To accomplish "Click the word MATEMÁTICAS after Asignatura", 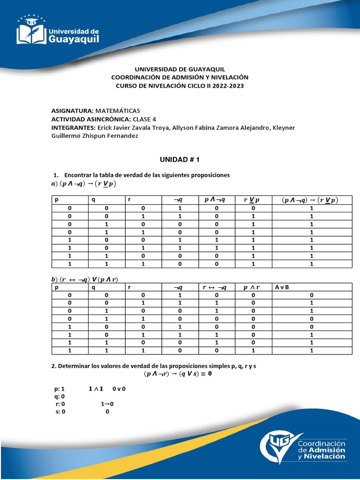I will coord(118,111).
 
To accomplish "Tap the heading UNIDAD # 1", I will coord(180,160).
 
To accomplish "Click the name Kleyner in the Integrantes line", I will coord(282,127).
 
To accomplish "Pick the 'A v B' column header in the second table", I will coord(283,287).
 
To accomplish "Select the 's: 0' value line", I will coord(60,412).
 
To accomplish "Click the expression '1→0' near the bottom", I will coord(107,404).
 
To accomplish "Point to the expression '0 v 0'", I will coord(120,389).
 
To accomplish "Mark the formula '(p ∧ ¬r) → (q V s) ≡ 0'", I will coord(178,374).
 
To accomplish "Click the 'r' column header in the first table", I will coord(129,200).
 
